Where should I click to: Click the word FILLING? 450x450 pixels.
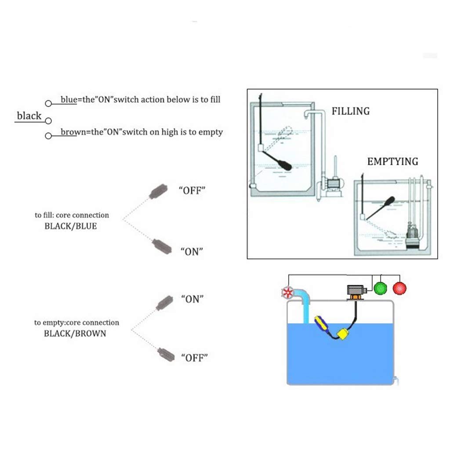(x=350, y=111)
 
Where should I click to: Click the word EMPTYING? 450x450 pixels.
(x=392, y=162)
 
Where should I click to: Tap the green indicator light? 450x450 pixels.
(x=379, y=288)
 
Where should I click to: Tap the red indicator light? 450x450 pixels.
(x=399, y=288)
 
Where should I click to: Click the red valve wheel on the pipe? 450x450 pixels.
(x=287, y=293)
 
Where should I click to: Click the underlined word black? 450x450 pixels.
(x=29, y=116)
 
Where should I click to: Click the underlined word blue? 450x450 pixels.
(x=69, y=100)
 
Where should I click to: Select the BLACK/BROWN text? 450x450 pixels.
(x=75, y=334)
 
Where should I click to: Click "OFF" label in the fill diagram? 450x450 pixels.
(x=192, y=190)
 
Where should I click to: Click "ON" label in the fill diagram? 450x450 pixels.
(x=192, y=252)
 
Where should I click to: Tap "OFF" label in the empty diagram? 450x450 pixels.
(x=194, y=358)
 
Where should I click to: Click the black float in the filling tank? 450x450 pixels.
(x=283, y=164)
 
